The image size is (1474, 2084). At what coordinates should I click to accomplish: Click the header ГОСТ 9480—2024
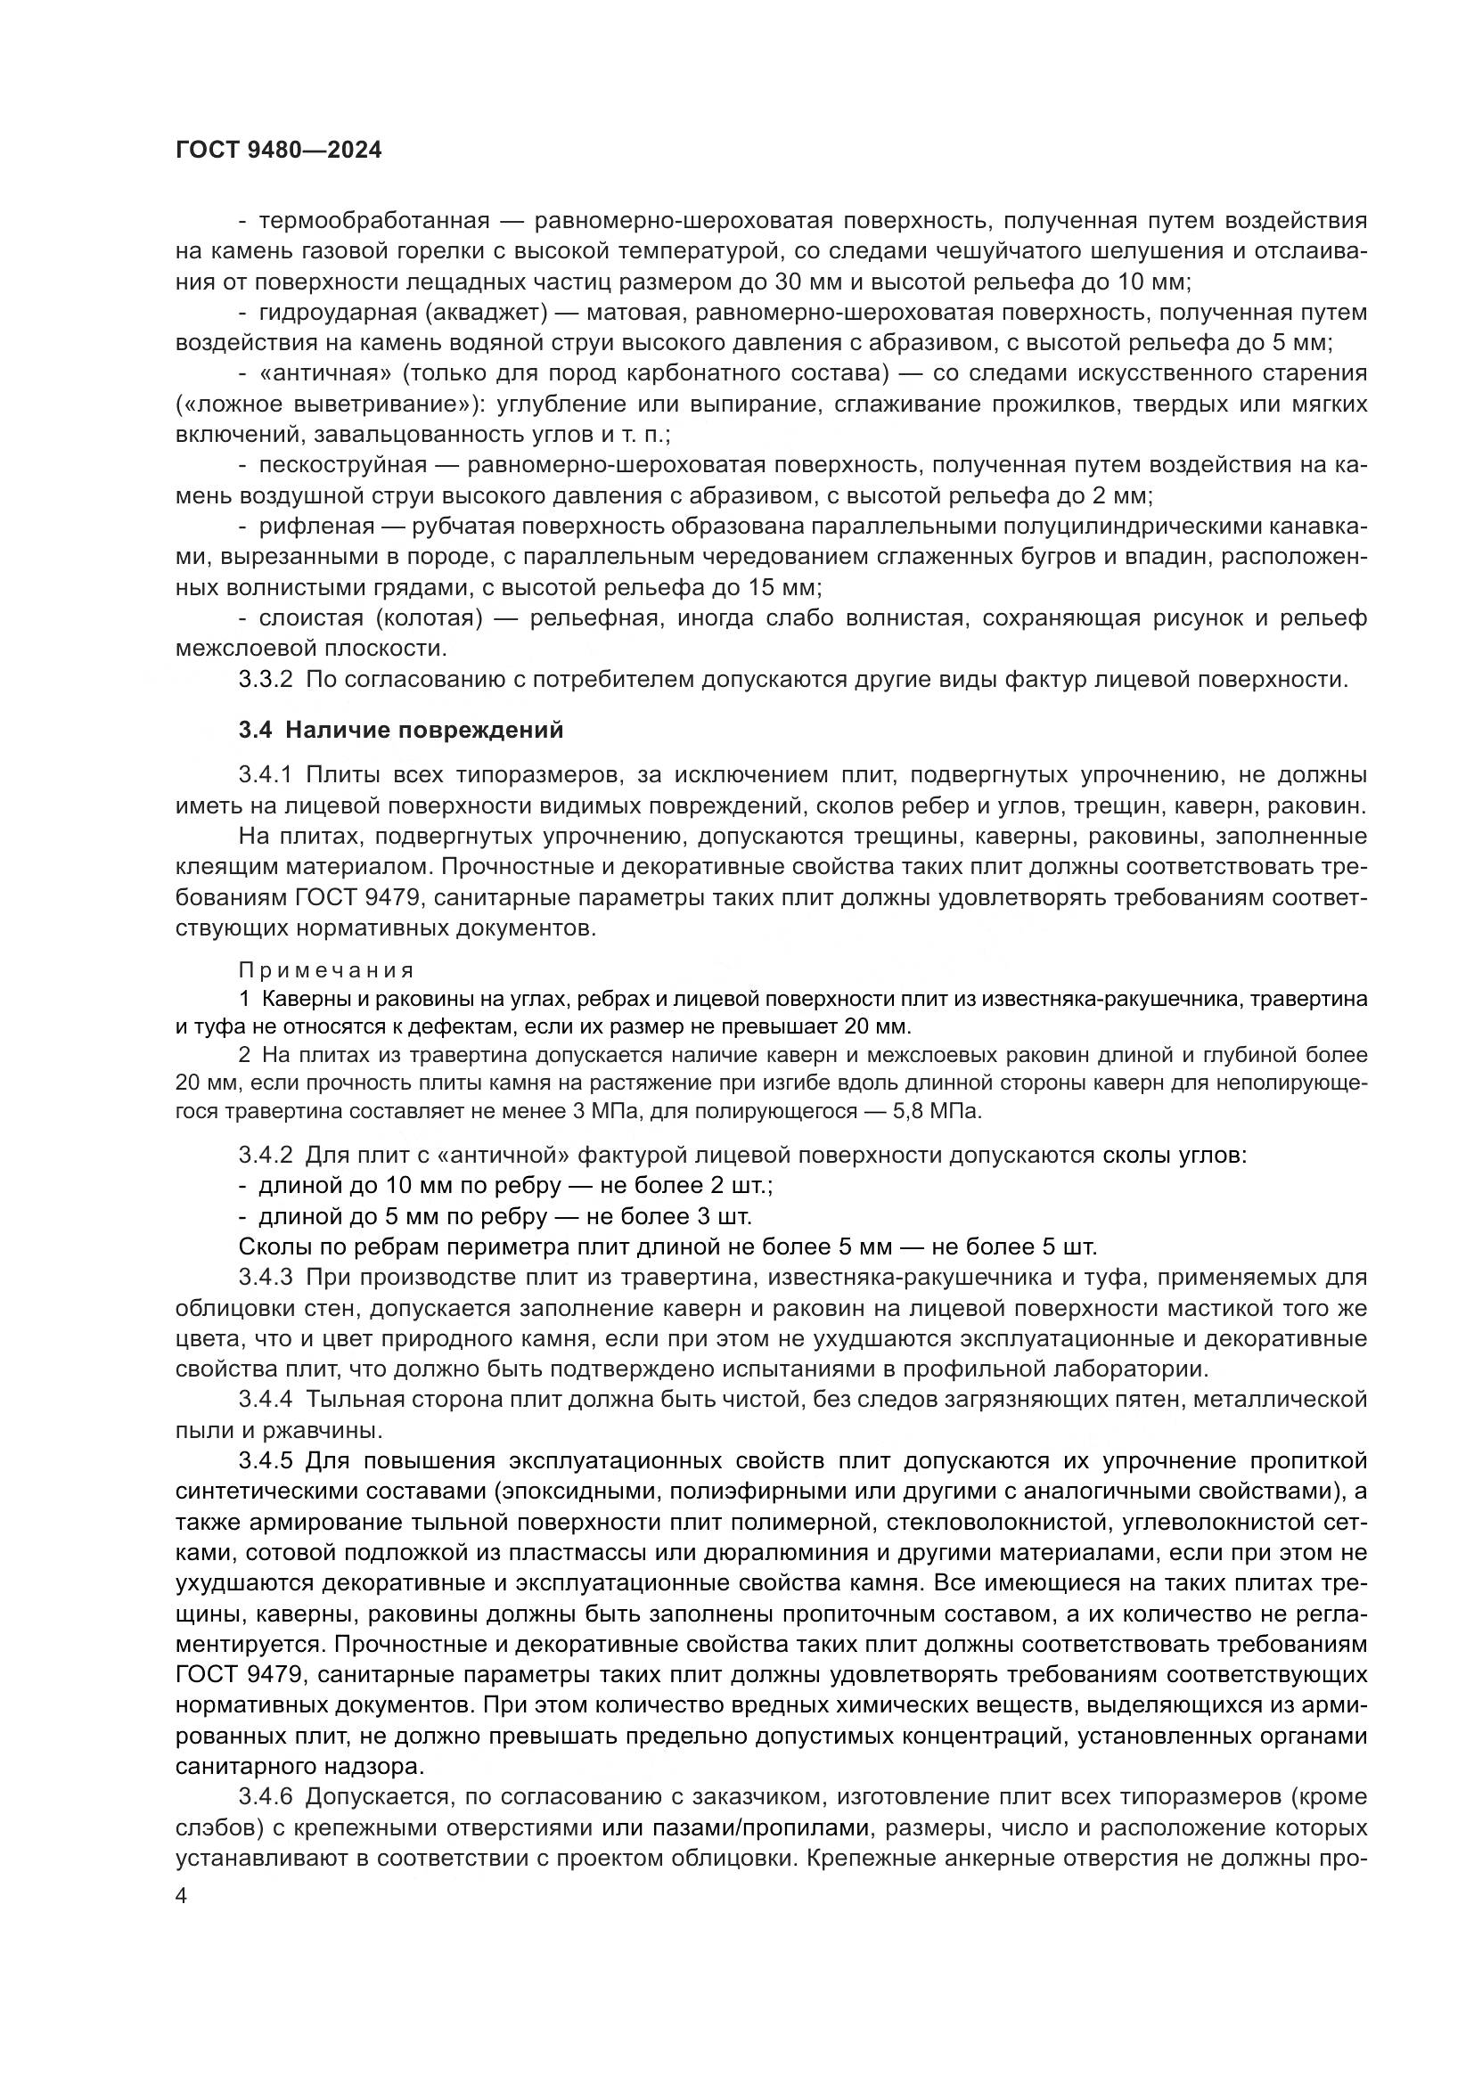[278, 151]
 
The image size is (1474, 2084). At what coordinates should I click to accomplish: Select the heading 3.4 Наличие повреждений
[400, 730]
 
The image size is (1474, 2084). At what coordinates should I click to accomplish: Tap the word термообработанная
[374, 222]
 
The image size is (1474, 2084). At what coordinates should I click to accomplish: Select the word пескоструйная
[342, 466]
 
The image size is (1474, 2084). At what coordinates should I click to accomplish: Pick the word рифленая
[316, 527]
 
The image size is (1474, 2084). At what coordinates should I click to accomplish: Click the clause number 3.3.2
[265, 680]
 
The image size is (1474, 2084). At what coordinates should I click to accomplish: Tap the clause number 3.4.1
[265, 775]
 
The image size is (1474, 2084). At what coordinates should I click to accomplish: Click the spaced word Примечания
[326, 970]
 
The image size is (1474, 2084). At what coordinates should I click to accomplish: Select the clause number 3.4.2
[265, 1156]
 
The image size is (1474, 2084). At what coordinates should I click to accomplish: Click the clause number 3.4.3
[265, 1277]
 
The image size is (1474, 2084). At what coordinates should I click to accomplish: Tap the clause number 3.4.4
[265, 1400]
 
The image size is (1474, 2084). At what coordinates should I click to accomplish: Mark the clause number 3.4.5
[265, 1460]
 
